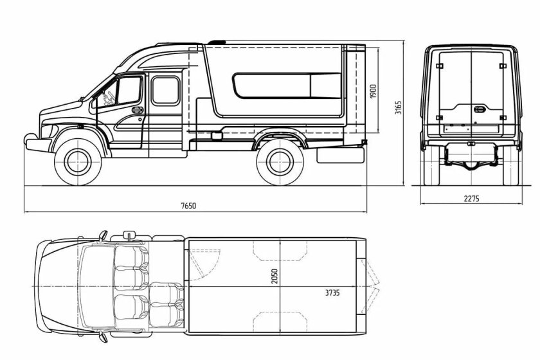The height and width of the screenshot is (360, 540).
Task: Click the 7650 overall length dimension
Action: pyautogui.click(x=189, y=206)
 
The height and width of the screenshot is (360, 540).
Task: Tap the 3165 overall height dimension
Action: pyautogui.click(x=398, y=107)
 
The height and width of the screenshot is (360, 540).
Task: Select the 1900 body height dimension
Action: pyautogui.click(x=373, y=91)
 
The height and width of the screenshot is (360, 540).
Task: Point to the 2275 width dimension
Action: pyautogui.click(x=471, y=199)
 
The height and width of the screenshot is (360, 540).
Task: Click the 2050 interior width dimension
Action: pyautogui.click(x=274, y=276)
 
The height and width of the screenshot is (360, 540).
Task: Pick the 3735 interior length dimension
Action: pyautogui.click(x=332, y=292)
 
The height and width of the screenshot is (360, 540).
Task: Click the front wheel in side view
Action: pyautogui.click(x=78, y=162)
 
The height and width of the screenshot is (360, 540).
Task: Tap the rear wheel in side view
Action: pyautogui.click(x=280, y=162)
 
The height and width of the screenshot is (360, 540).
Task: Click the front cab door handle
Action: pyautogui.click(x=138, y=110)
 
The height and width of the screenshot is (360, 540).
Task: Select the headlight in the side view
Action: pyautogui.click(x=50, y=131)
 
